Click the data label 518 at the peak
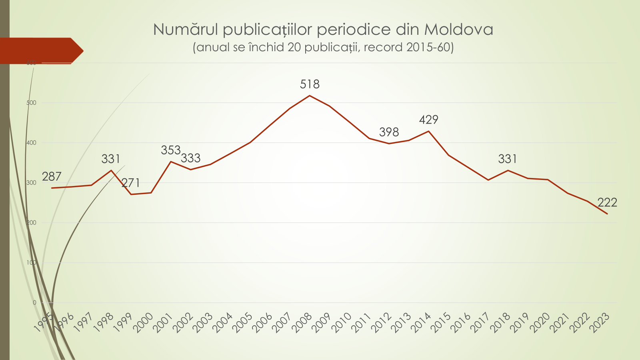310,84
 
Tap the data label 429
428,120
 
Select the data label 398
389,132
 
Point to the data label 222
607,202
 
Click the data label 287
52,176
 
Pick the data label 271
130,183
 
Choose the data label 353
171,150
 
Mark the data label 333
190,158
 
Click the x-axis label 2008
302,322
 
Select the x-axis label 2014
421,322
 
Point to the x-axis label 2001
163,322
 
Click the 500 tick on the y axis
31,103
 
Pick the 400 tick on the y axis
31,143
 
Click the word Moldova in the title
458,30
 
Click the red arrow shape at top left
40,50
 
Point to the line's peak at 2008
310,96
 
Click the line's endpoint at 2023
607,214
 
